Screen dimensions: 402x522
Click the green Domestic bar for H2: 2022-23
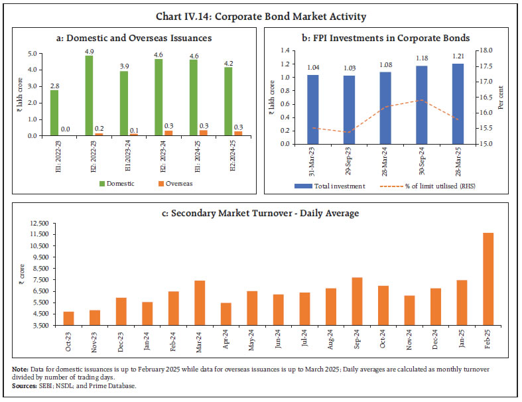click(89, 96)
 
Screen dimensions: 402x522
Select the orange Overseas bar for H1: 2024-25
click(204, 133)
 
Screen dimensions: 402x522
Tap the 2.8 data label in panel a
click(54, 85)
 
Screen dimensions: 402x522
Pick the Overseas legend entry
click(174, 184)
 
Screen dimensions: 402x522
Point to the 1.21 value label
click(458, 58)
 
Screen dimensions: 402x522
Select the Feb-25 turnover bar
click(488, 279)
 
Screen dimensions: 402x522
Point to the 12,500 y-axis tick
click(38, 222)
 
